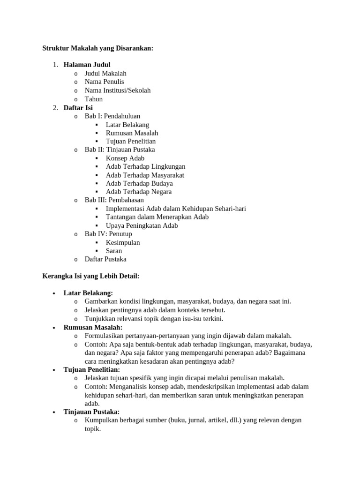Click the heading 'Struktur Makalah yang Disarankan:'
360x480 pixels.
tap(98, 48)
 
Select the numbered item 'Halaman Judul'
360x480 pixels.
tap(87, 65)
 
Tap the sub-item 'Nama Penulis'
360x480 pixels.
tap(104, 82)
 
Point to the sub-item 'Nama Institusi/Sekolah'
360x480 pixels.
tap(118, 90)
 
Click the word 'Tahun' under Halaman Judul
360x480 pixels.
tap(94, 99)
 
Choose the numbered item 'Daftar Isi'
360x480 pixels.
tap(78, 107)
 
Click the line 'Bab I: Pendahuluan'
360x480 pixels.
tap(112, 116)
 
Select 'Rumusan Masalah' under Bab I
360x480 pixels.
tap(132, 133)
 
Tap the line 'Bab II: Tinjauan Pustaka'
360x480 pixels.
tap(120, 150)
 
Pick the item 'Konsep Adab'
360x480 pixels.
tap(125, 158)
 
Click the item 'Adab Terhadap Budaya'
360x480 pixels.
tap(139, 183)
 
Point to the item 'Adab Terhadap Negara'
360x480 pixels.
tap(139, 192)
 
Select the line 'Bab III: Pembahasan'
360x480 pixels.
tap(114, 200)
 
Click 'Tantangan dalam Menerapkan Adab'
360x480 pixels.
tap(157, 217)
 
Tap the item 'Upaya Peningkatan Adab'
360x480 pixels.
tap(142, 225)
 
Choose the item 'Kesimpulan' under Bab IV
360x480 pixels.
tap(123, 242)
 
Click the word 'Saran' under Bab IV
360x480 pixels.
tap(114, 251)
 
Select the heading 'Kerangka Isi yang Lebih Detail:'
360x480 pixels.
tap(91, 276)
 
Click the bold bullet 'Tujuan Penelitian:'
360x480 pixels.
tap(92, 369)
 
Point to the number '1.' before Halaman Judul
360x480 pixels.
tap(55, 65)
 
